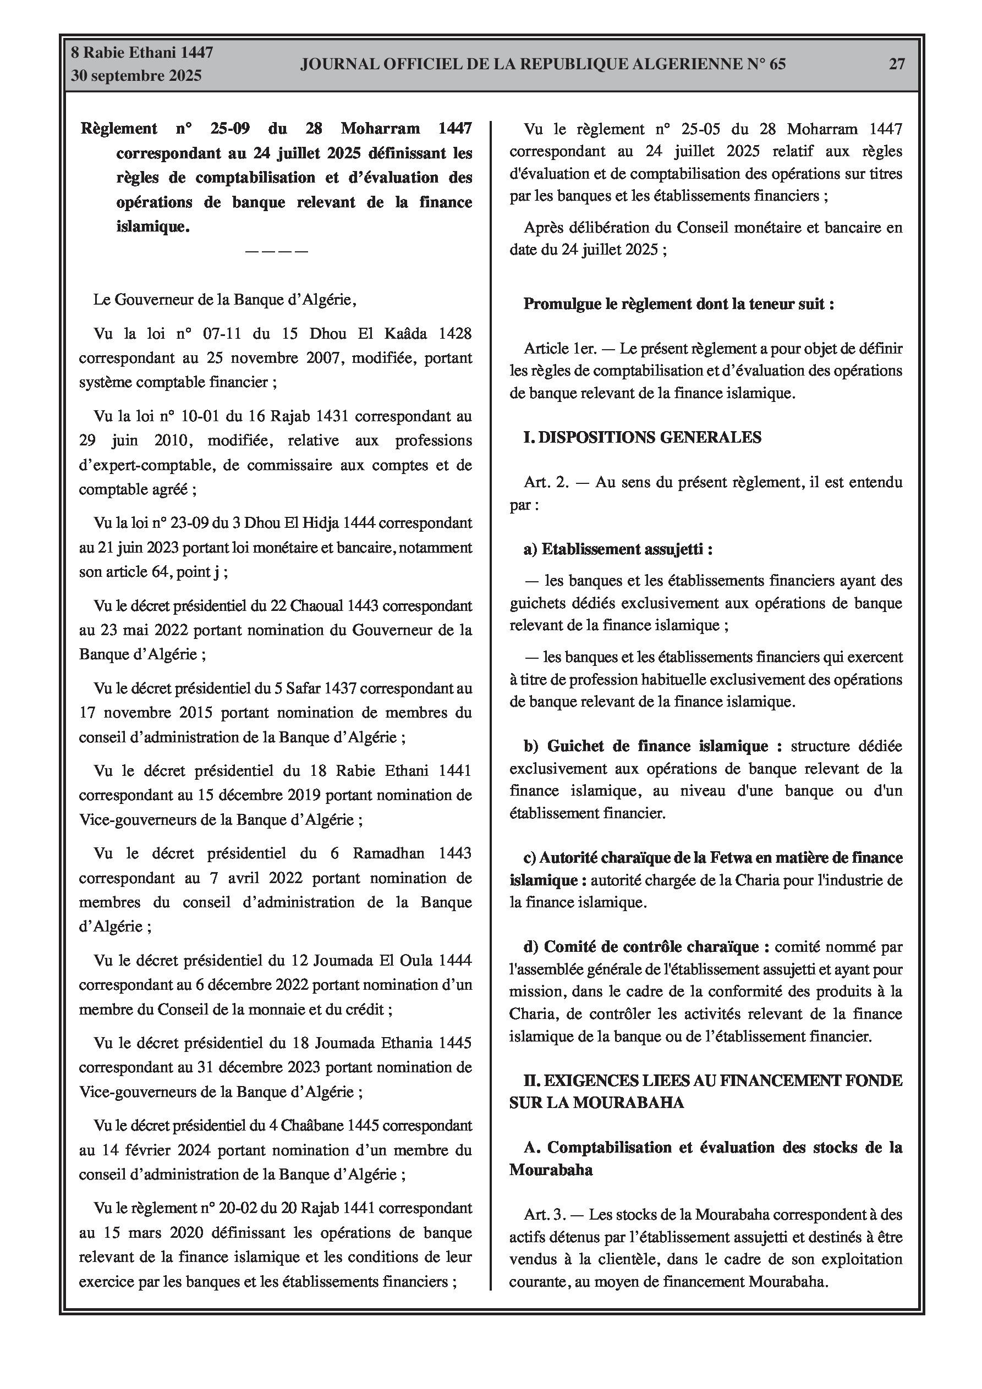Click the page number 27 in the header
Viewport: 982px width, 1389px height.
[x=897, y=64]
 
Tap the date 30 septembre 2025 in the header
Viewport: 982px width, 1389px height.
[x=136, y=76]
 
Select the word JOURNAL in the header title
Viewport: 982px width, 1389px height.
[x=332, y=64]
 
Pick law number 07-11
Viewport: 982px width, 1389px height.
[x=215, y=333]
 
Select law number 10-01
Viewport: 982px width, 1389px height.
[x=201, y=416]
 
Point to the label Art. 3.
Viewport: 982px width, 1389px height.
[x=545, y=1214]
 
